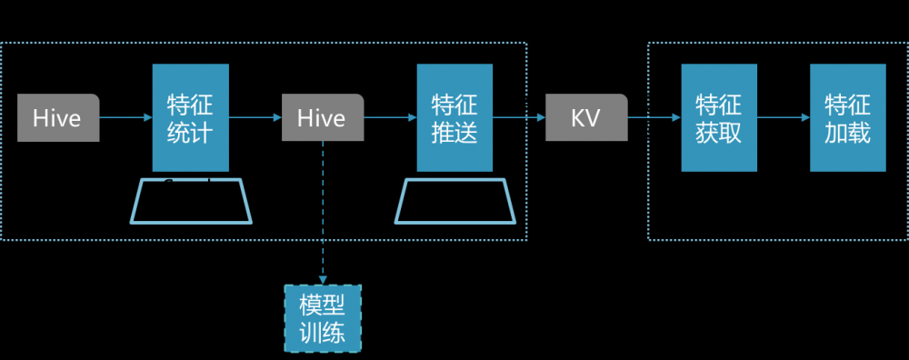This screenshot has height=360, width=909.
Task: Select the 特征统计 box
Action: [191, 118]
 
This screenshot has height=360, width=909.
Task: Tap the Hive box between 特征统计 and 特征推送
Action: [323, 118]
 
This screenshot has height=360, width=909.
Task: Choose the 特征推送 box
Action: [454, 118]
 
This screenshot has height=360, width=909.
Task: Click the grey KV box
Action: [586, 118]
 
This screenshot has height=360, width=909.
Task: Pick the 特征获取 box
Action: [719, 118]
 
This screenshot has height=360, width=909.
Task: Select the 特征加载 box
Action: [848, 118]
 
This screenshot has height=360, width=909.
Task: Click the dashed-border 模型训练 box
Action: [323, 318]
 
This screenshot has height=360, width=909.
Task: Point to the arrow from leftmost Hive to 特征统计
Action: [125, 117]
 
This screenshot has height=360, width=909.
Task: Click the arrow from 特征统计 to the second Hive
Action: [255, 117]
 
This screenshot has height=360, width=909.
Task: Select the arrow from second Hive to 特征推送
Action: [391, 117]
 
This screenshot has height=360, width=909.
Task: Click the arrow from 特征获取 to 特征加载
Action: [784, 117]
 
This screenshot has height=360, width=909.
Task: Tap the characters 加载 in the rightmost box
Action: [848, 133]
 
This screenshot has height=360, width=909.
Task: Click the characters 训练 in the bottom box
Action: [323, 333]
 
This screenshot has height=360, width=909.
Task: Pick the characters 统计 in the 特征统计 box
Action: [191, 133]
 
